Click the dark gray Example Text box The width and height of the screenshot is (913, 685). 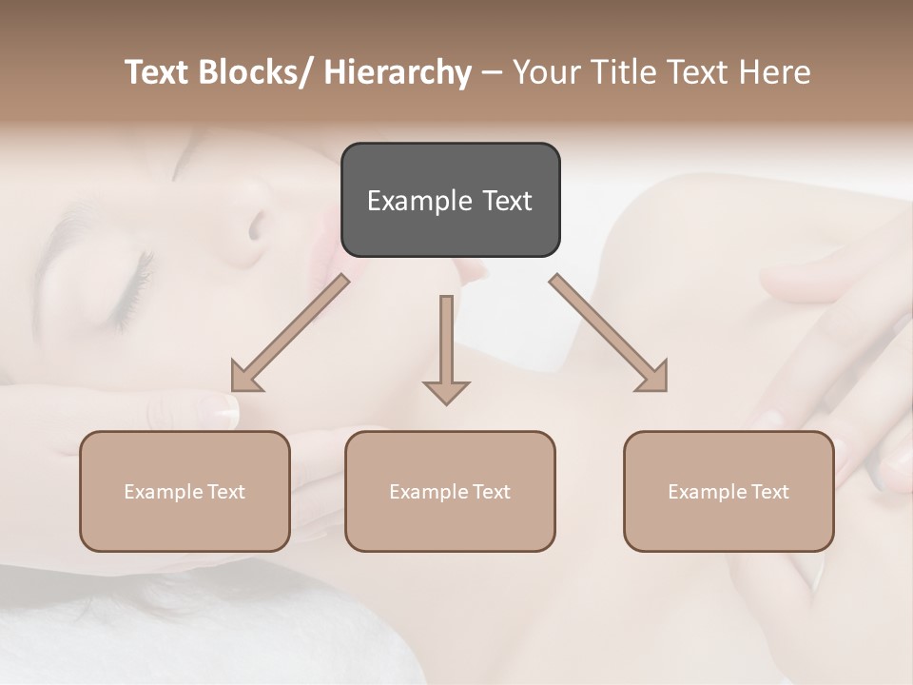point(450,200)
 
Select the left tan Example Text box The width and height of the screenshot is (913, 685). point(185,491)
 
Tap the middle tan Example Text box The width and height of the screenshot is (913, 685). point(450,491)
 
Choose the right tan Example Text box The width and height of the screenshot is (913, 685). point(728,491)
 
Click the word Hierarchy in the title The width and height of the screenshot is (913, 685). point(398,72)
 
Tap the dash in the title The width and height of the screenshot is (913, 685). point(492,72)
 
